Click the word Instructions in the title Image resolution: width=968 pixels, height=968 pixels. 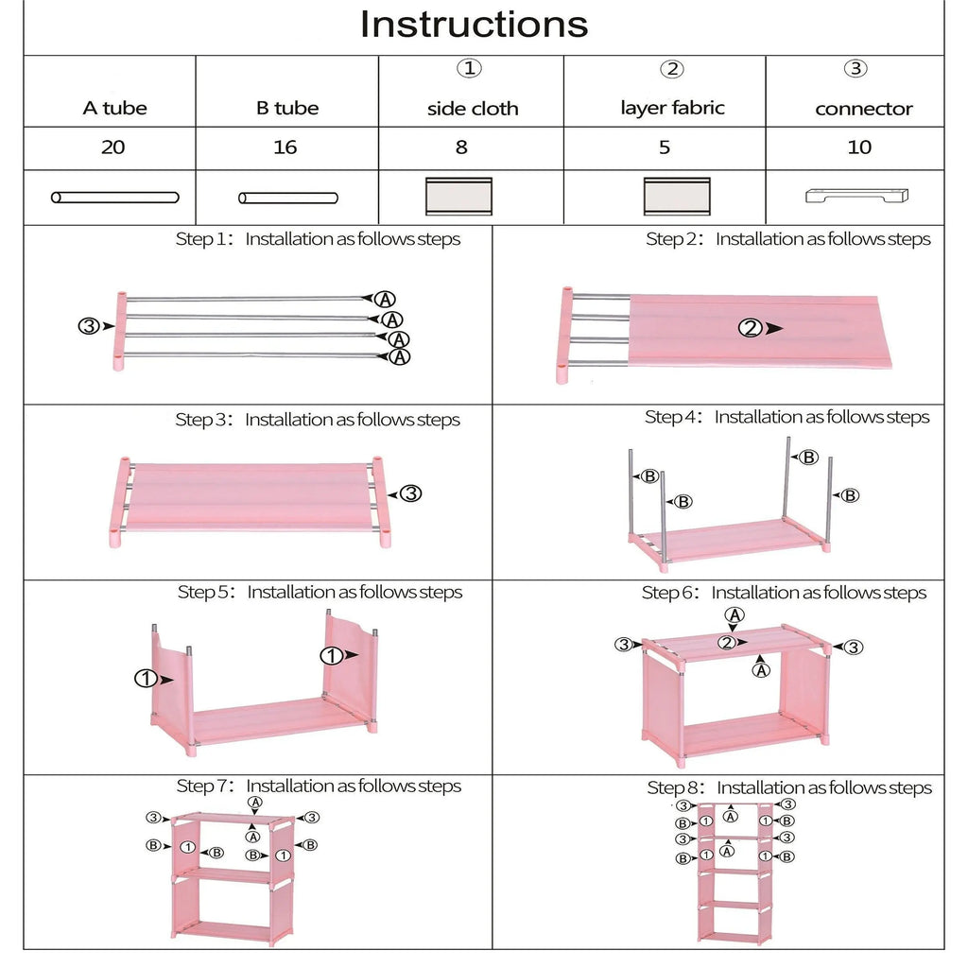pyautogui.click(x=474, y=25)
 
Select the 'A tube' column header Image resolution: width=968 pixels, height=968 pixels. pyautogui.click(x=114, y=108)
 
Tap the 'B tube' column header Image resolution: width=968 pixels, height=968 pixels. pyautogui.click(x=286, y=108)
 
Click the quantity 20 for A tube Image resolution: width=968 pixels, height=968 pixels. pyautogui.click(x=113, y=147)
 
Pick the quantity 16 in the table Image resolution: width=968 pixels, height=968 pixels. pyautogui.click(x=285, y=147)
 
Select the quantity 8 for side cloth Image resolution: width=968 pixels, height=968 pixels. pyautogui.click(x=461, y=147)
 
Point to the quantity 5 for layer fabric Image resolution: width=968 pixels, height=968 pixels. pyautogui.click(x=665, y=147)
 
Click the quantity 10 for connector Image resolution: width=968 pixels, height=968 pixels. pyautogui.click(x=859, y=147)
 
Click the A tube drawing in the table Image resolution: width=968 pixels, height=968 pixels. pyautogui.click(x=114, y=198)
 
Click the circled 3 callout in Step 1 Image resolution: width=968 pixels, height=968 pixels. pyautogui.click(x=88, y=326)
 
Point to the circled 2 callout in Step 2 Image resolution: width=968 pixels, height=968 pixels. pyautogui.click(x=750, y=328)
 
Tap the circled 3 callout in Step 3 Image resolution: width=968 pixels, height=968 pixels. pyautogui.click(x=410, y=493)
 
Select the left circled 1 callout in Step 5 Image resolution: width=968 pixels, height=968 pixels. pyautogui.click(x=145, y=678)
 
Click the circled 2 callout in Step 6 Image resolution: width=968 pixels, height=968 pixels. pyautogui.click(x=726, y=643)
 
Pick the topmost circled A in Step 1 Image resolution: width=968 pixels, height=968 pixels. pyautogui.click(x=385, y=299)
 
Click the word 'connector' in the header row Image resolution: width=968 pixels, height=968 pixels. pyautogui.click(x=863, y=109)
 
